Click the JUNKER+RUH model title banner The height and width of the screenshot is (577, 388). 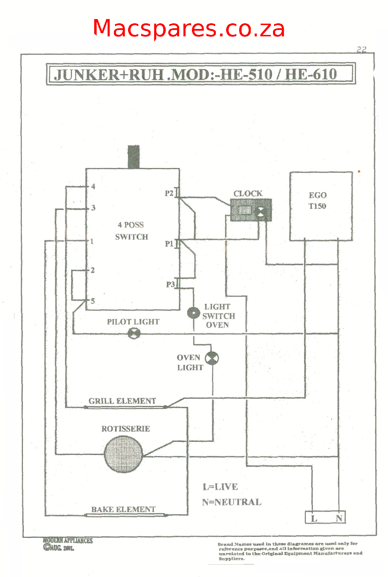click(x=200, y=74)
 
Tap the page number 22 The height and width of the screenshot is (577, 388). click(x=362, y=49)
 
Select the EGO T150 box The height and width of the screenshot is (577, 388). click(x=321, y=206)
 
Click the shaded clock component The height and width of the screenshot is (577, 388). click(x=250, y=210)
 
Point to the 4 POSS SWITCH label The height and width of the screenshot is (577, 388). click(x=131, y=231)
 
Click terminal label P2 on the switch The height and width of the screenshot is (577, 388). click(x=169, y=193)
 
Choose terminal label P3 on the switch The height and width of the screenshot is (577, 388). click(x=170, y=284)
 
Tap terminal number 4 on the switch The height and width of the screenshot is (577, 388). click(x=93, y=186)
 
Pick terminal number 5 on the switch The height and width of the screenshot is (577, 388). click(x=93, y=301)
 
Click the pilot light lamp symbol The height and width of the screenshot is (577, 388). click(x=134, y=333)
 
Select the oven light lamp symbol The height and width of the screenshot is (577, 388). click(x=212, y=358)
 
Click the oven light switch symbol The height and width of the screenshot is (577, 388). click(x=193, y=313)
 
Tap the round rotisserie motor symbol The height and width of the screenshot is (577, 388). click(x=123, y=454)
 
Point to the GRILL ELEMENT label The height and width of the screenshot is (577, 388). click(x=122, y=401)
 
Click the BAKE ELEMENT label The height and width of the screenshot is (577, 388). click(x=123, y=509)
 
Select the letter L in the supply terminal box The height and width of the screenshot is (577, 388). click(x=314, y=518)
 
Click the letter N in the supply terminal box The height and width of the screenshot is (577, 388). click(x=339, y=518)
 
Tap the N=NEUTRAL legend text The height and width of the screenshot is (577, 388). click(x=231, y=502)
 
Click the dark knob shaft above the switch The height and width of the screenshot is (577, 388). click(x=133, y=157)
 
